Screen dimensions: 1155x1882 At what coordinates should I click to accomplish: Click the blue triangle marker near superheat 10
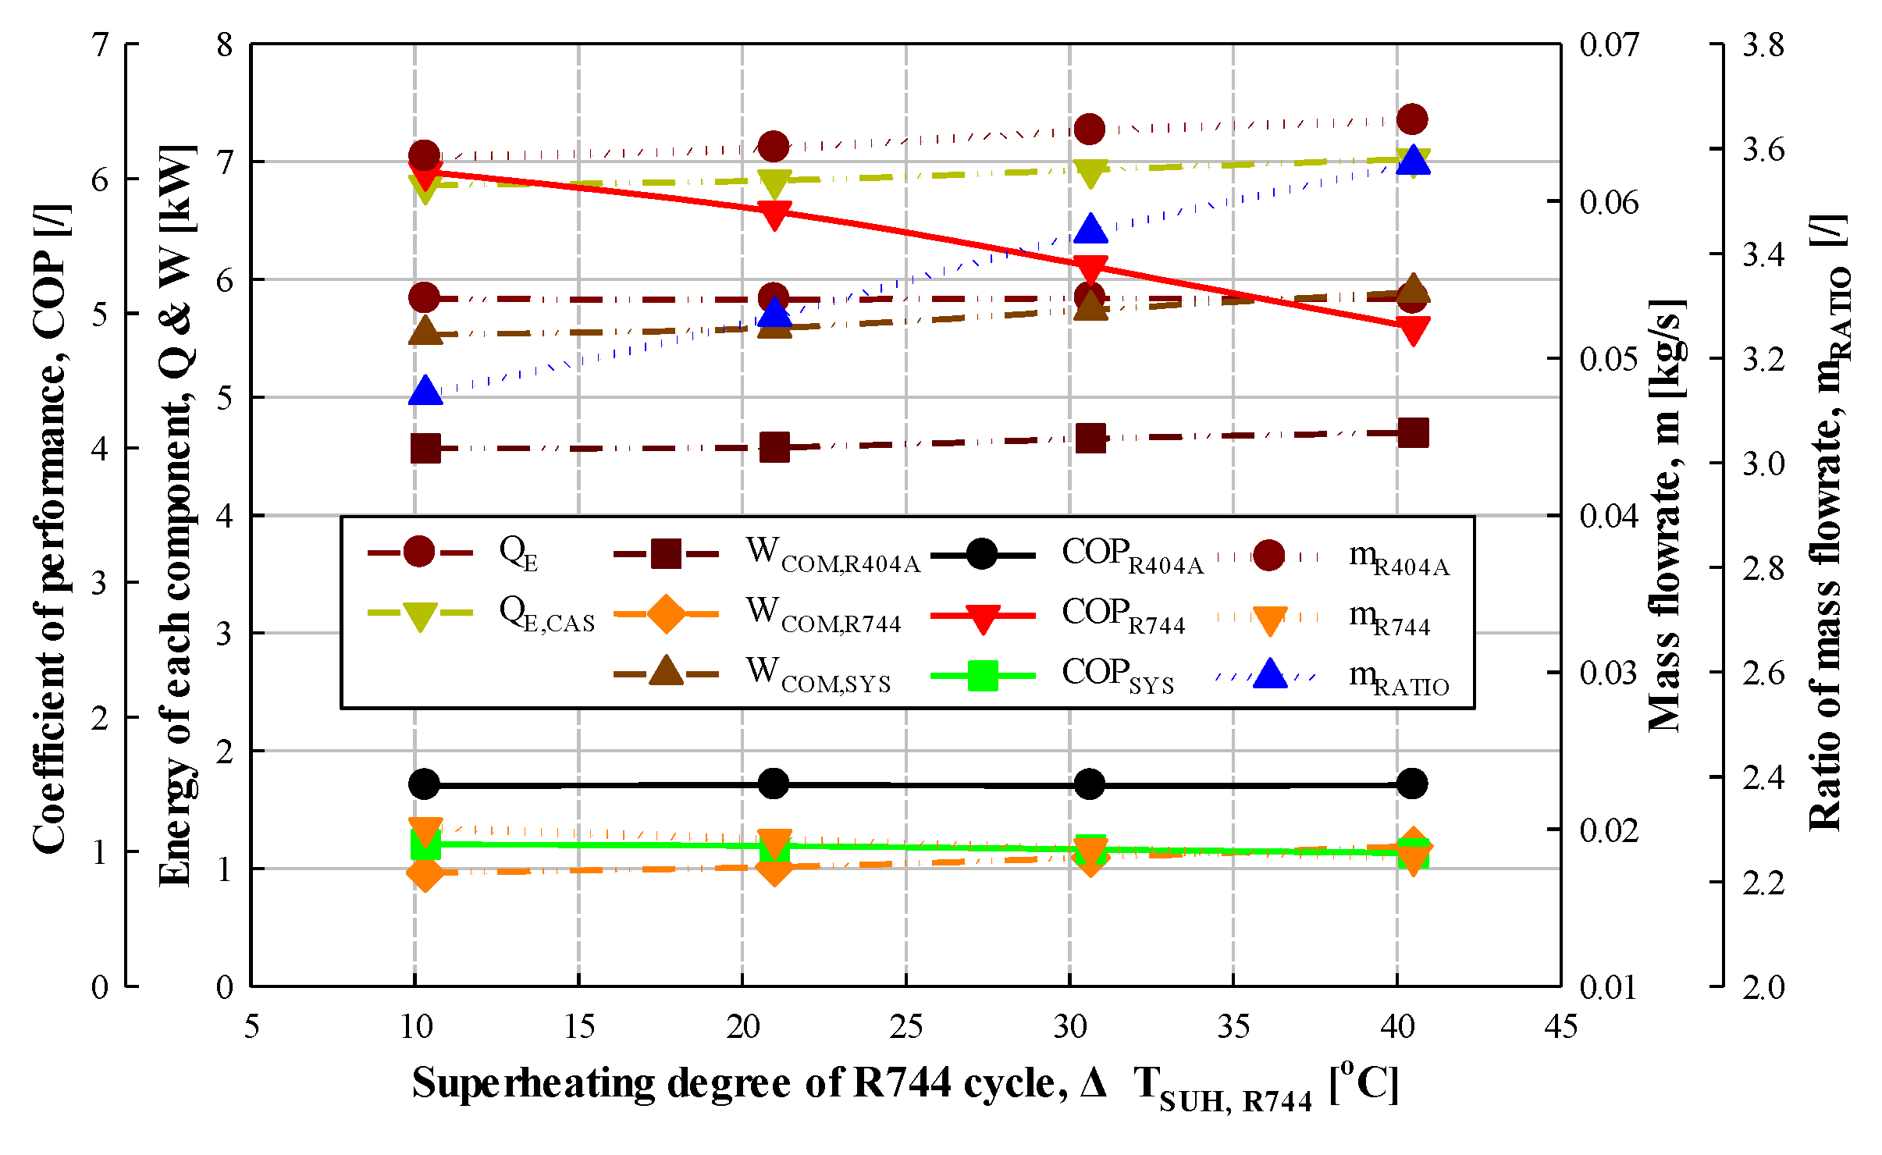coord(425,390)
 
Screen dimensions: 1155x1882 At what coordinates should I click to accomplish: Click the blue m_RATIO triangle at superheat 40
coord(1413,160)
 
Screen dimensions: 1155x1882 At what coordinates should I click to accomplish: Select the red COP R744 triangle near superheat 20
coord(774,215)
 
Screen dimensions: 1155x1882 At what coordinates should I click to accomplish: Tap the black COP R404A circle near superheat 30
coord(1090,784)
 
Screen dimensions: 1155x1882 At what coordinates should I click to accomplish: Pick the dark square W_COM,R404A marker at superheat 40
coord(1413,432)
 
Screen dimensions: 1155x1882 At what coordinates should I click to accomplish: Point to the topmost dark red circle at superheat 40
coord(1412,119)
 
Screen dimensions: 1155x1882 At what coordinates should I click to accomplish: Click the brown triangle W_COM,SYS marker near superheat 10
coord(425,331)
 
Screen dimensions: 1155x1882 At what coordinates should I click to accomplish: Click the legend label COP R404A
coord(1132,555)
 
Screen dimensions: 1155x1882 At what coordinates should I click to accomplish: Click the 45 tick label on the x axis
coord(1560,1027)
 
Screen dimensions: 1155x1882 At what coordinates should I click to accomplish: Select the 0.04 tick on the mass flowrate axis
coord(1609,516)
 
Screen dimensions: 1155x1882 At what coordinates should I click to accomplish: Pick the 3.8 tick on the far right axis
coord(1763,45)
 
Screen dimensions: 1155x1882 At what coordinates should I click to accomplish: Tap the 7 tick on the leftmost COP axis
coord(100,45)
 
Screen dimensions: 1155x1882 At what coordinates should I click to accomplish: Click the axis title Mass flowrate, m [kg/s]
coord(1667,515)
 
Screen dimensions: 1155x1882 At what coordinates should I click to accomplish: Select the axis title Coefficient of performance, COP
coord(52,527)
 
